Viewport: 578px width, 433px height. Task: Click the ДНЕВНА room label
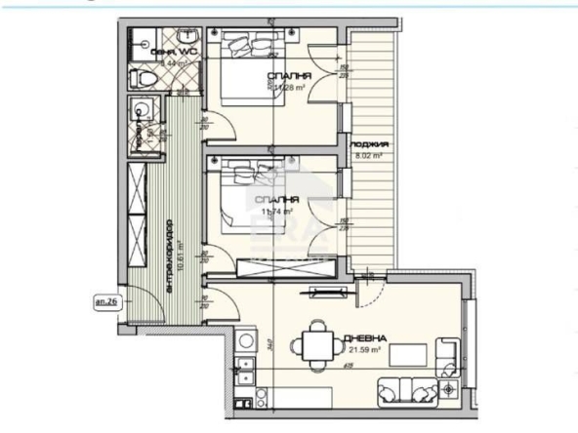[x=363, y=338]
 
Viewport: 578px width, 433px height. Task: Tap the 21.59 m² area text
[x=363, y=349]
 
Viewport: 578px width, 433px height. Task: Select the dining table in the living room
[x=315, y=343]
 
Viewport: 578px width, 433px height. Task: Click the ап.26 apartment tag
[x=105, y=301]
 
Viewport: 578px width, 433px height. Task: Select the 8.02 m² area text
[x=366, y=153]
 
